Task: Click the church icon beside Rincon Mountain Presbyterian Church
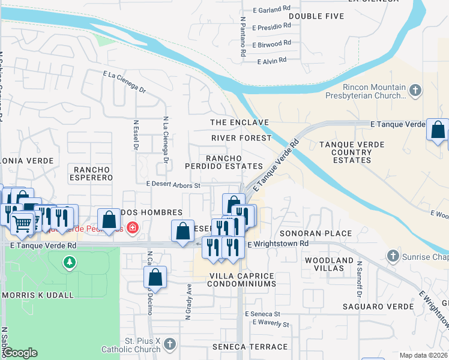(415, 91)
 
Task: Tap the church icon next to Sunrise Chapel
(393, 256)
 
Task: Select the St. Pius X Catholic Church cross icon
(170, 344)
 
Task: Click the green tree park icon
(70, 262)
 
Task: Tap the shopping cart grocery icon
(22, 224)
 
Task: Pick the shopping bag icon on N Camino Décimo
(155, 277)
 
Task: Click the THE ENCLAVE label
(239, 122)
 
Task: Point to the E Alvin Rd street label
(271, 61)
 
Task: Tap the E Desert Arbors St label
(173, 185)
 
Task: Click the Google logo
(20, 353)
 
